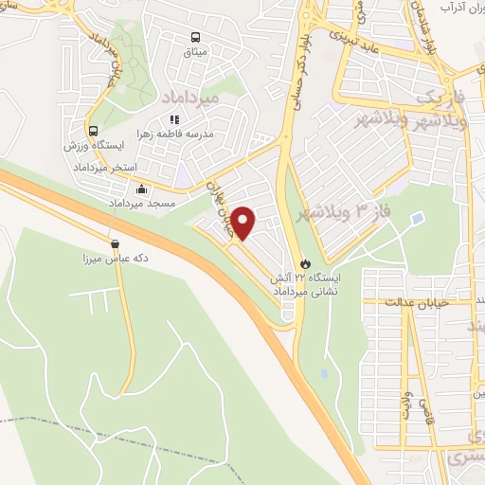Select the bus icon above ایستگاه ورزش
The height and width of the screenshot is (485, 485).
pyautogui.click(x=92, y=132)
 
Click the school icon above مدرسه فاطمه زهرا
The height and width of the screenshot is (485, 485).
pyautogui.click(x=173, y=119)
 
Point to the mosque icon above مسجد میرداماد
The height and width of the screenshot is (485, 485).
pyautogui.click(x=141, y=189)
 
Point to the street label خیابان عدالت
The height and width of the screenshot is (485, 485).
pyautogui.click(x=418, y=301)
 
